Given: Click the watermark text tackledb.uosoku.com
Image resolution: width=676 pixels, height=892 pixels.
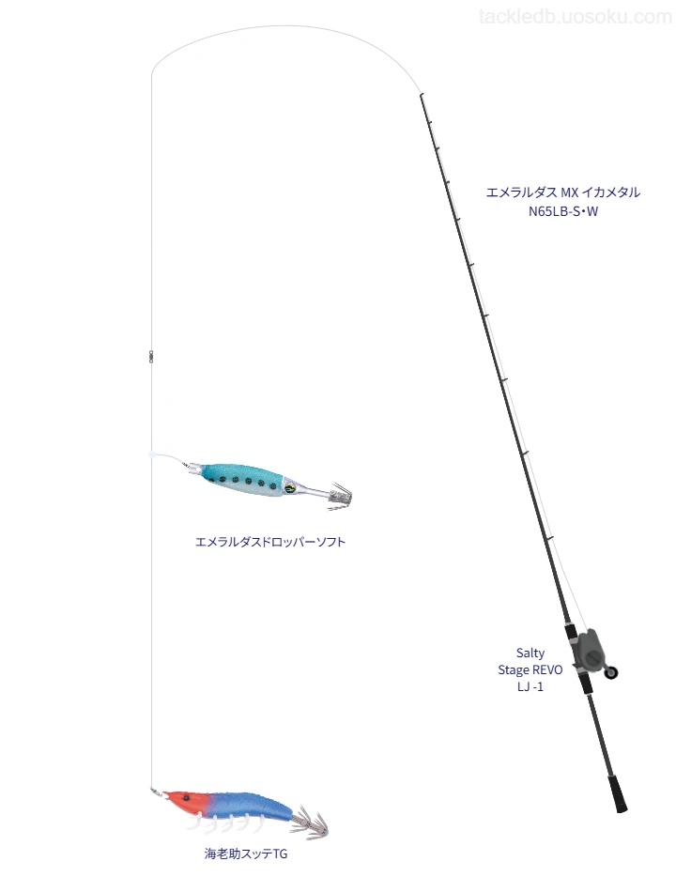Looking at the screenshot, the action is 576,17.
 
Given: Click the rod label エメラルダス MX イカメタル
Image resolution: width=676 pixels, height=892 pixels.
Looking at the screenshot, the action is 562,192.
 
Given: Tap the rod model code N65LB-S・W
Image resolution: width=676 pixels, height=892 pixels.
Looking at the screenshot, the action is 562,211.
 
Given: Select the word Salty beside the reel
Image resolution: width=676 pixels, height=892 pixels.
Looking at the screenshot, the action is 530,653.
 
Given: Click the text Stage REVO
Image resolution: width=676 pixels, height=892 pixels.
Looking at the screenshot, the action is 530,669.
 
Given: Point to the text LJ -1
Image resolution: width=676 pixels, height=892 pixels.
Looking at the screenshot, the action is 530,686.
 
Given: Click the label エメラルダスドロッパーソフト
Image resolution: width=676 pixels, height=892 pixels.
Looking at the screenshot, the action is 270,542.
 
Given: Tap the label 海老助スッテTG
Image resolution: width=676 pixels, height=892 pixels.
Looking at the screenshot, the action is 246,854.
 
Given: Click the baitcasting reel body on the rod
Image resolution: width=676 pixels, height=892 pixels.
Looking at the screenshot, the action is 586,649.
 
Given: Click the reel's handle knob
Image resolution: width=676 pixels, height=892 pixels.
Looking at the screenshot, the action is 611,672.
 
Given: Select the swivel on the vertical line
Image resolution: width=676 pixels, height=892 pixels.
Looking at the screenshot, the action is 151,356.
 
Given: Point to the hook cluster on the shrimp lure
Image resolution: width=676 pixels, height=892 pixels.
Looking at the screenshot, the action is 310,824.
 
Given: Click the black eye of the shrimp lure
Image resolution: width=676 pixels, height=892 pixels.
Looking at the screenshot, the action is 186,799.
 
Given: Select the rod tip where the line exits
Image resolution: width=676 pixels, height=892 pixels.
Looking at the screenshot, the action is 421,95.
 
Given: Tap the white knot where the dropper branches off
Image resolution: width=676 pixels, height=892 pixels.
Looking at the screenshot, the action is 151,454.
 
